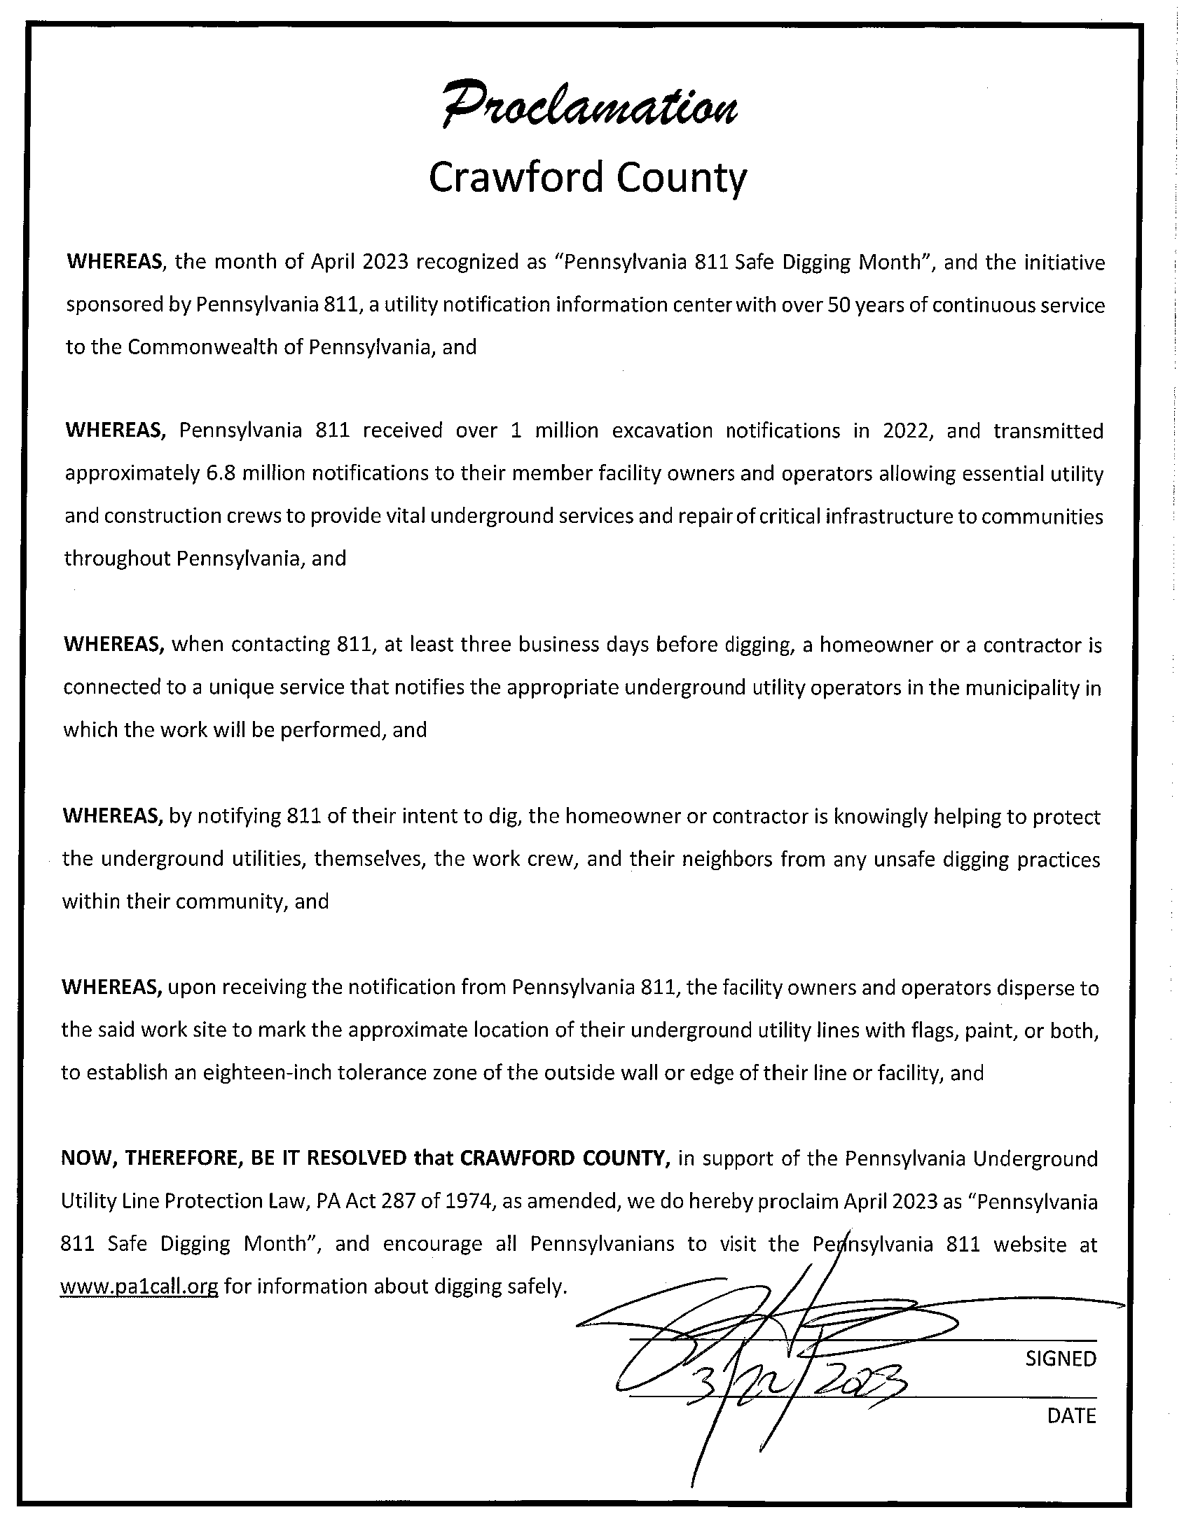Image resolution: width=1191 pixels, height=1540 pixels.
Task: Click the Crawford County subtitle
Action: tap(587, 178)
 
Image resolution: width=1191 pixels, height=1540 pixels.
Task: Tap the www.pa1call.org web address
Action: tap(139, 1287)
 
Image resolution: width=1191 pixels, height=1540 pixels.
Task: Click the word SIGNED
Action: tap(1061, 1359)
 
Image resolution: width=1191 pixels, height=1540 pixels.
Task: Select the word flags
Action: tap(961, 1030)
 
